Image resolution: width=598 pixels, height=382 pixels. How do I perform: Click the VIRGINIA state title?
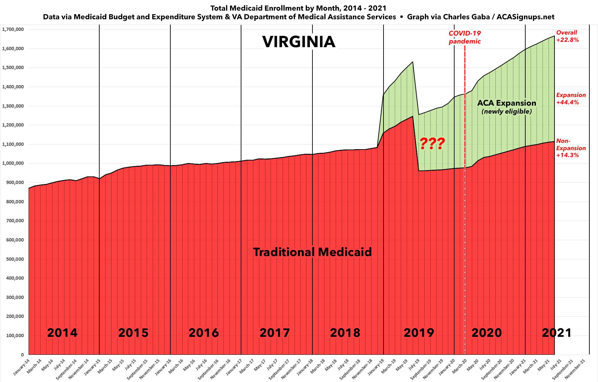pyautogui.click(x=299, y=42)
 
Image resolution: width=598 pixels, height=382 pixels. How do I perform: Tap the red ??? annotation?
pyautogui.click(x=432, y=143)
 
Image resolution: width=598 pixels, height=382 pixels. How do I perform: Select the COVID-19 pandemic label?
pyautogui.click(x=465, y=37)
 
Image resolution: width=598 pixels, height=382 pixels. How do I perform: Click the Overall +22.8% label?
pyautogui.click(x=567, y=36)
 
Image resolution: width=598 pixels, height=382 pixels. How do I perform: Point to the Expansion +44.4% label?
pyautogui.click(x=571, y=99)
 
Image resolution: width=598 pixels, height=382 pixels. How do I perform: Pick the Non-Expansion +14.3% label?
pyautogui.click(x=571, y=148)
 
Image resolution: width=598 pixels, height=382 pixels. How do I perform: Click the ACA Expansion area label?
pyautogui.click(x=506, y=103)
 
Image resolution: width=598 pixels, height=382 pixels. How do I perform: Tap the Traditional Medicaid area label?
pyautogui.click(x=312, y=252)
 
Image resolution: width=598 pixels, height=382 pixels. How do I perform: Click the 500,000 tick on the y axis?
pyautogui.click(x=15, y=259)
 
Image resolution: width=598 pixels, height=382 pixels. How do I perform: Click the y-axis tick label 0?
pyautogui.click(x=22, y=355)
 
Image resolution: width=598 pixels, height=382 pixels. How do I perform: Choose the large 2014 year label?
pyautogui.click(x=62, y=333)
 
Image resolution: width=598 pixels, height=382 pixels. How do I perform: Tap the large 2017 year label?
pyautogui.click(x=275, y=333)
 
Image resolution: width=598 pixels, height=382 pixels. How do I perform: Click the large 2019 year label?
pyautogui.click(x=419, y=333)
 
